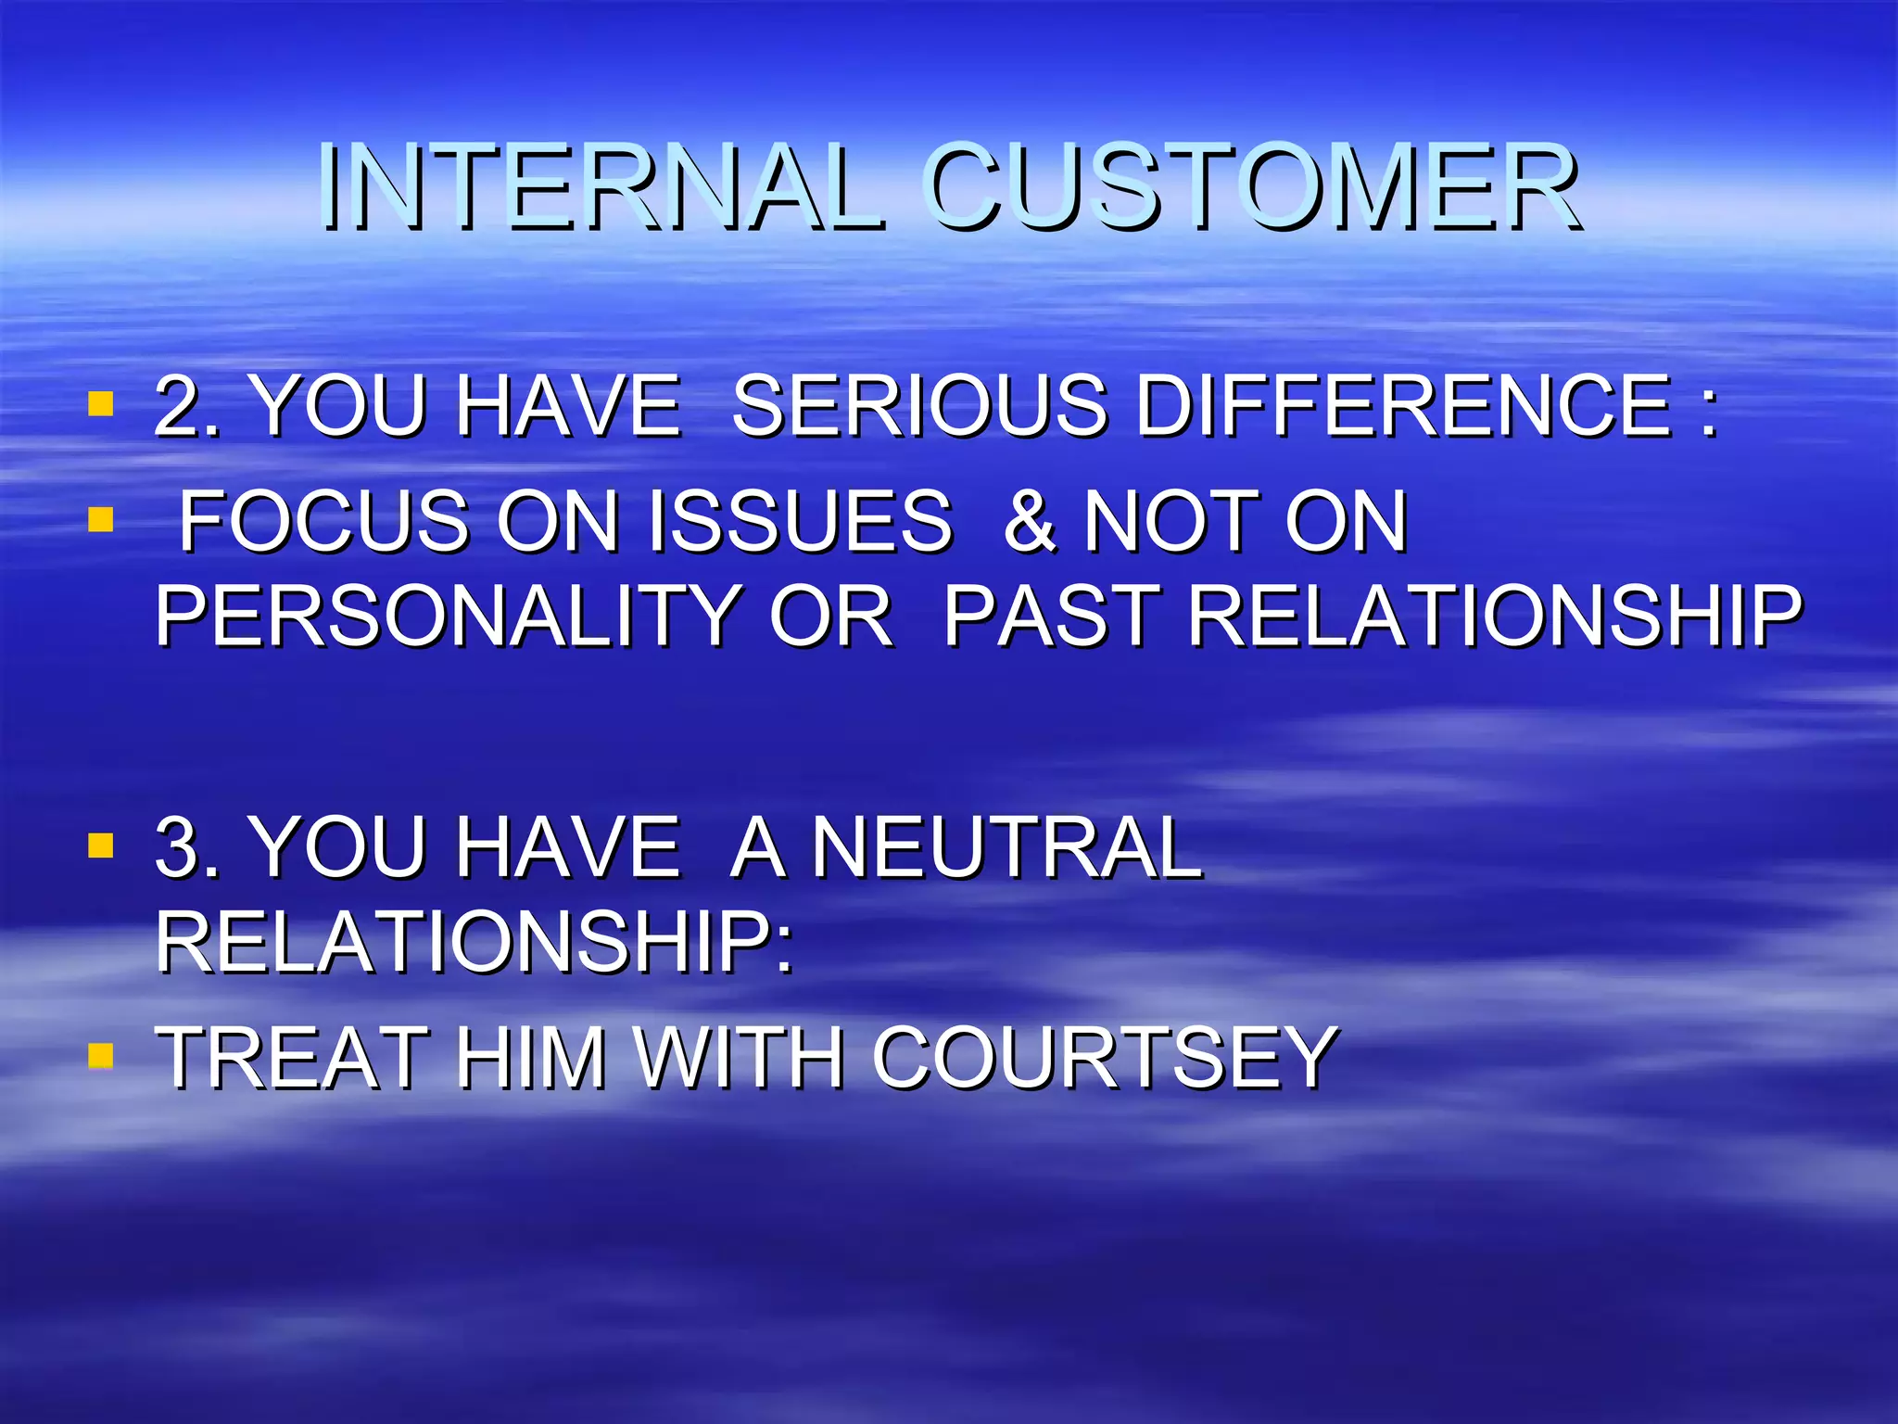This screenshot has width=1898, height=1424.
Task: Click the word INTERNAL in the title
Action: pyautogui.click(x=600, y=188)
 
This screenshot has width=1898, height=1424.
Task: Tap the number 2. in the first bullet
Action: pyautogui.click(x=187, y=406)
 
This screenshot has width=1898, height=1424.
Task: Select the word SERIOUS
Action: pyautogui.click(x=918, y=406)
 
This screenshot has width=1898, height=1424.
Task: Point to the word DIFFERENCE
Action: pyautogui.click(x=1403, y=406)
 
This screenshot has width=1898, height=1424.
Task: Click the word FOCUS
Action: pyautogui.click(x=323, y=522)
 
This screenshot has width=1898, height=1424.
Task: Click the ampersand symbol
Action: pyautogui.click(x=1030, y=522)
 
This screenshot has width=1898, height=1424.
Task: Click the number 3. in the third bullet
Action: pyautogui.click(x=187, y=846)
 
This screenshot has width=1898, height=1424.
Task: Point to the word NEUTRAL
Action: pyautogui.click(x=1006, y=846)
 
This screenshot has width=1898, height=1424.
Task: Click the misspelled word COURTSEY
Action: pyautogui.click(x=1103, y=1058)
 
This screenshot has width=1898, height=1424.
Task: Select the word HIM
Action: pyautogui.click(x=529, y=1058)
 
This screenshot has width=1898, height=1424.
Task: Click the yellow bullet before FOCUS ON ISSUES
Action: pyautogui.click(x=100, y=519)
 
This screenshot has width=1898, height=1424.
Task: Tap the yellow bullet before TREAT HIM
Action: pyautogui.click(x=100, y=1055)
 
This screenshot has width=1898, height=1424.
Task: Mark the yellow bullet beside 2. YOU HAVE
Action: pyautogui.click(x=100, y=404)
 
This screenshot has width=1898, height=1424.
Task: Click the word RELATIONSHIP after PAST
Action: pyautogui.click(x=1494, y=616)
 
